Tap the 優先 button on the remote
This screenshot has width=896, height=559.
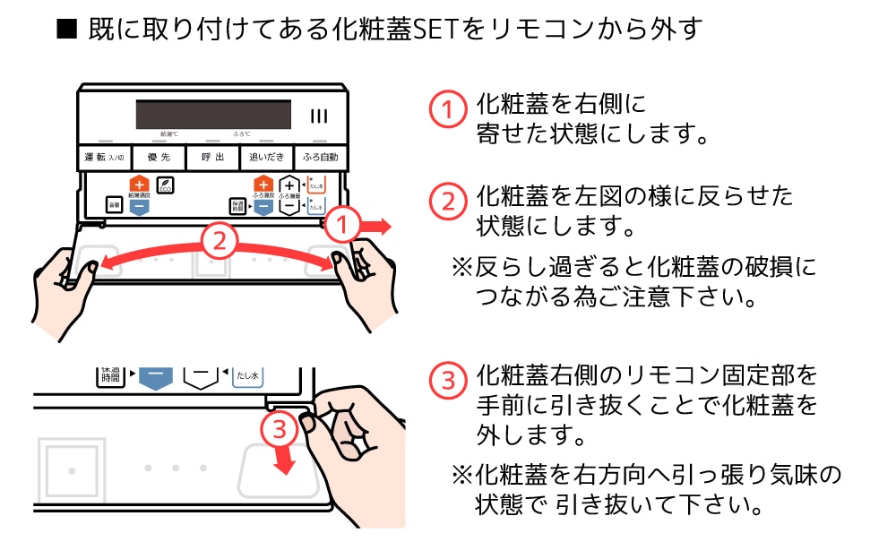(160, 158)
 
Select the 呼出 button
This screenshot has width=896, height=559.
(213, 158)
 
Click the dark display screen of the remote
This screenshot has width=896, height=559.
(213, 115)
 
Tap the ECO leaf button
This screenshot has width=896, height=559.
(166, 185)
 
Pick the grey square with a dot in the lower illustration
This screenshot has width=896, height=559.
(72, 469)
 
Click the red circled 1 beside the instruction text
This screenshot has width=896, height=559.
(447, 109)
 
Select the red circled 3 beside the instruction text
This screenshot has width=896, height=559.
(447, 380)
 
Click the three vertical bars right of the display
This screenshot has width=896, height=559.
(320, 116)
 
